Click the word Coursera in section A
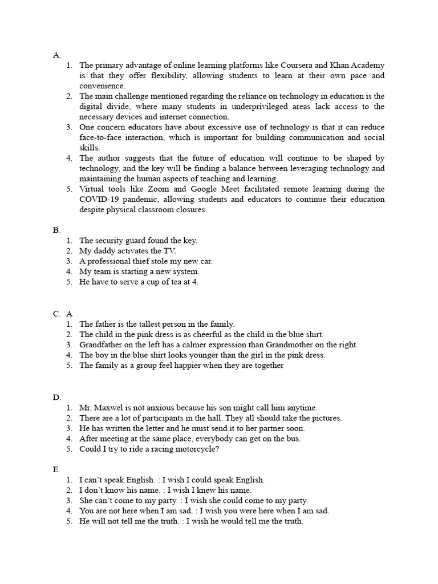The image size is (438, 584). pos(301,65)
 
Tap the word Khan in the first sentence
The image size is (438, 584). pos(342,65)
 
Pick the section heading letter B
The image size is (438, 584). pos(56,230)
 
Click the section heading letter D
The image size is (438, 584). pos(56,398)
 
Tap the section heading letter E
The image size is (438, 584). pos(56,469)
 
